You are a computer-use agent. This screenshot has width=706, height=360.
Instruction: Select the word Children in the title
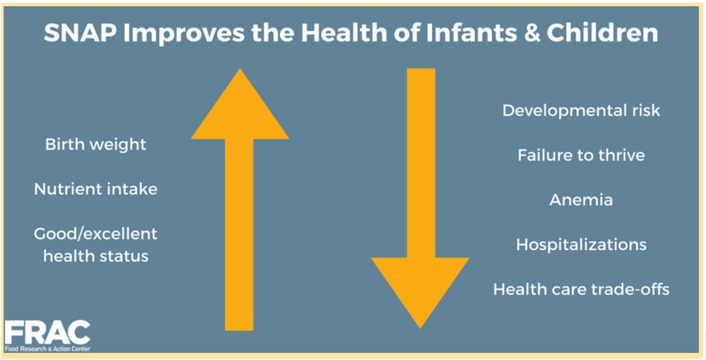point(602,34)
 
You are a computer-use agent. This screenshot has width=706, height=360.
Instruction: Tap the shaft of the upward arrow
point(239,235)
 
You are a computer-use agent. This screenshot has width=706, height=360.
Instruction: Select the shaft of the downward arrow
point(421,163)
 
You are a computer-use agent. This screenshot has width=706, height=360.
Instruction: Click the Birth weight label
point(96,145)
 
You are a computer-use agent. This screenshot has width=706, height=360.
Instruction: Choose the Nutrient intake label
point(96,189)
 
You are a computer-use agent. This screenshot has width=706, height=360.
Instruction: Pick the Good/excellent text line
point(96,234)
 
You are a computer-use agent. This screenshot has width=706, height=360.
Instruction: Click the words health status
point(96,256)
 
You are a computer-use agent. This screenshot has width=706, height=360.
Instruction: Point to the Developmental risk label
point(581,111)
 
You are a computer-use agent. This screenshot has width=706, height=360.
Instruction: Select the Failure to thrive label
point(581,156)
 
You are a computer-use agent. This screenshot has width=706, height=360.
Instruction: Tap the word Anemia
point(581,200)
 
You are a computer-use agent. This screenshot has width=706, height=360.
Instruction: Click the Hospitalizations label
point(581,245)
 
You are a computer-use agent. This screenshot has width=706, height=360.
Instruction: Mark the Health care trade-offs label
point(581,289)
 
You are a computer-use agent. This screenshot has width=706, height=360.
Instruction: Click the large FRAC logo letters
point(47,333)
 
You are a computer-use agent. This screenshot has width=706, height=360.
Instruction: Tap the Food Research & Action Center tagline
point(47,349)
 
